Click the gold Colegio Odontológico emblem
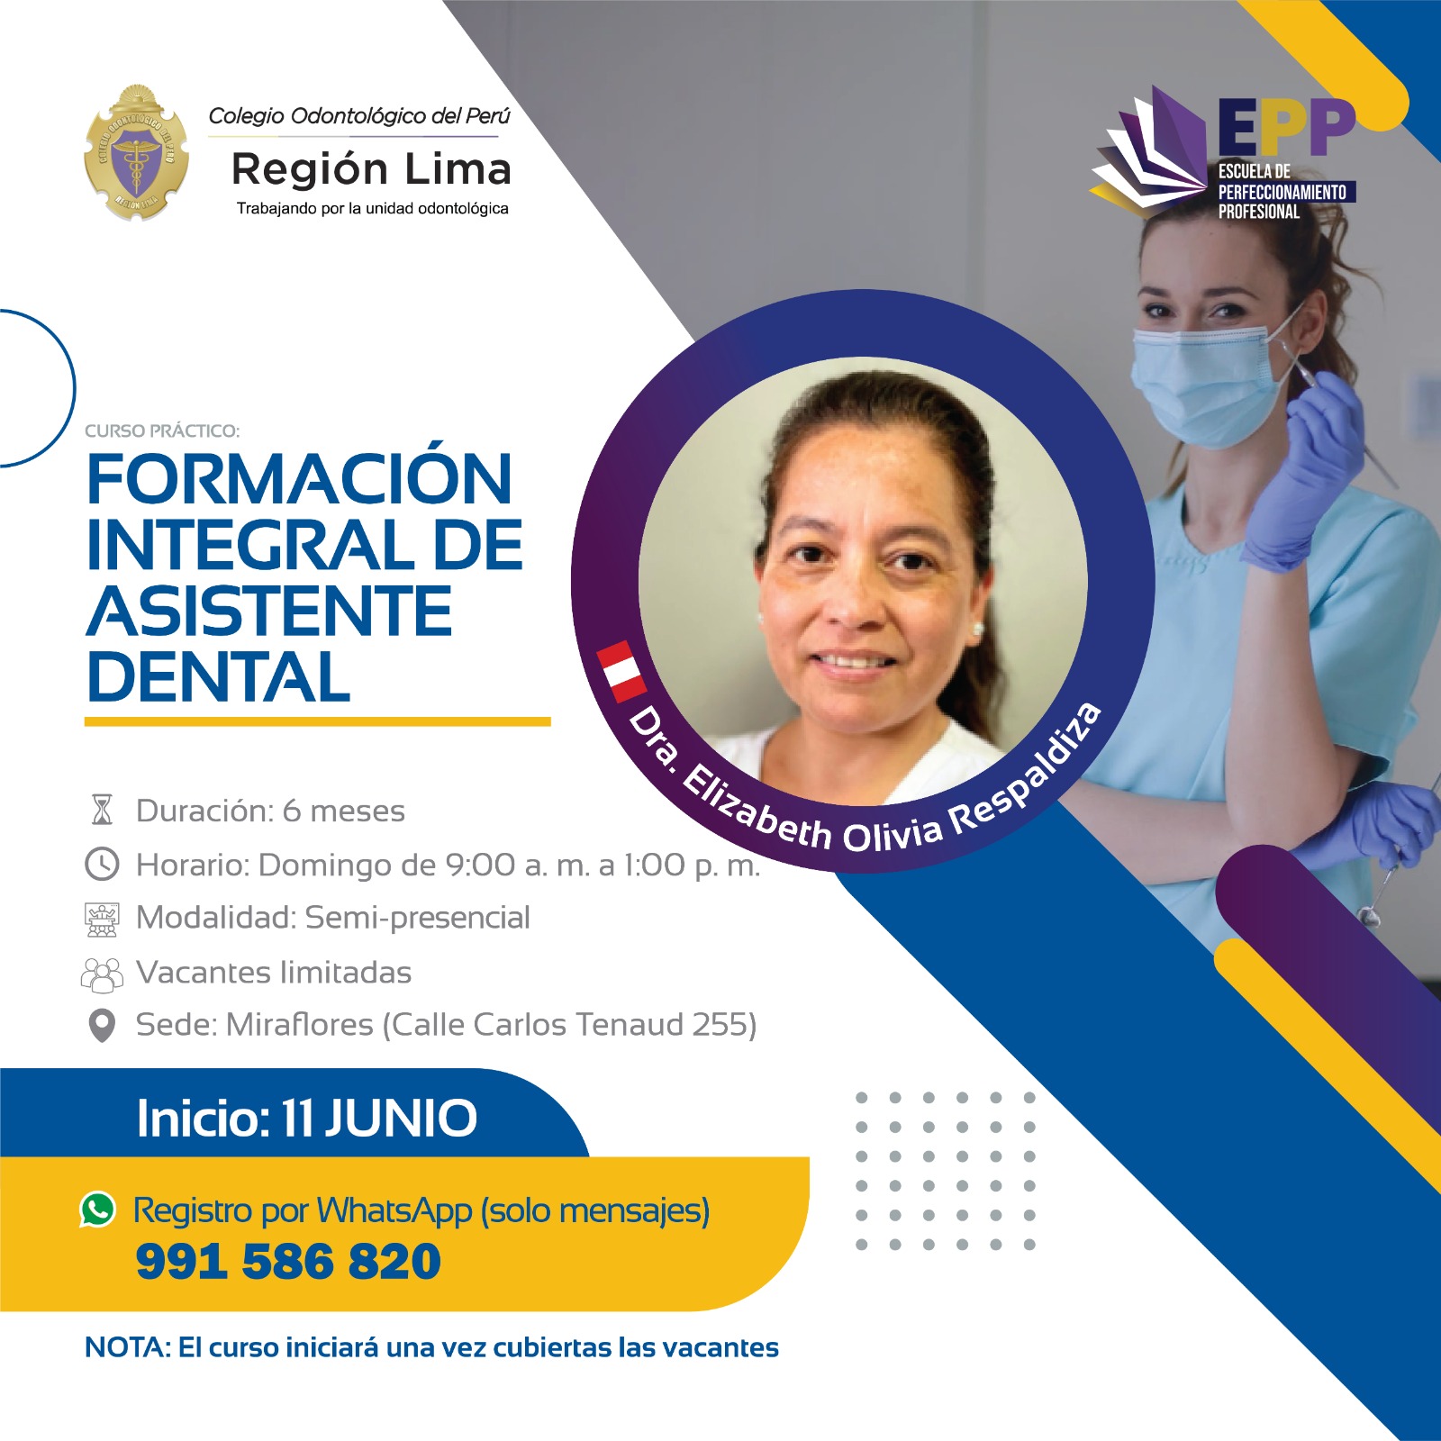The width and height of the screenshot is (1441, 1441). click(136, 152)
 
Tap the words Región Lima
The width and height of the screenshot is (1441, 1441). click(371, 169)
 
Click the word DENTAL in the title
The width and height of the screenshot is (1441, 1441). click(219, 677)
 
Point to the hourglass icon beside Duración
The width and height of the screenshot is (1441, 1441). click(102, 810)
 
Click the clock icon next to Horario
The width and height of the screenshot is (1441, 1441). click(102, 864)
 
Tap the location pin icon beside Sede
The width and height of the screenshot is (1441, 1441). click(102, 1025)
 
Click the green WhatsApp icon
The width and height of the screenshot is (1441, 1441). click(98, 1209)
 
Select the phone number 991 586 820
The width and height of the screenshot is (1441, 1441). click(288, 1261)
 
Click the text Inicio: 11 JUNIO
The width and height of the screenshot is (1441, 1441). click(306, 1118)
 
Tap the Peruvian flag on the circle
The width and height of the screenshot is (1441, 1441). click(621, 671)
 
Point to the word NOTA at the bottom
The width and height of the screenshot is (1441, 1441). click(125, 1347)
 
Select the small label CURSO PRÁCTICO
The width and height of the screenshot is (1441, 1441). click(162, 430)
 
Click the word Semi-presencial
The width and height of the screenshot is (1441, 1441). click(418, 918)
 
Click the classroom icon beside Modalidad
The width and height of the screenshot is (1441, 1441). click(102, 920)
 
